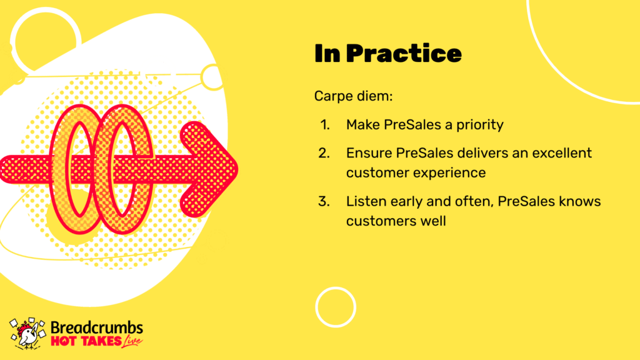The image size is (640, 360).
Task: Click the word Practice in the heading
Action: (x=404, y=54)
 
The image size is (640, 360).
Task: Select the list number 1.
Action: (x=325, y=125)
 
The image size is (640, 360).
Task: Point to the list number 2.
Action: (x=324, y=153)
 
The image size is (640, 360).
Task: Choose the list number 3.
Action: (x=324, y=201)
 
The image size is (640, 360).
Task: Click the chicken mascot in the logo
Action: (x=27, y=334)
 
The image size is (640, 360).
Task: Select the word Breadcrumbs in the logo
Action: (x=97, y=327)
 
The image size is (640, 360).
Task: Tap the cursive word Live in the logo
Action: (x=132, y=341)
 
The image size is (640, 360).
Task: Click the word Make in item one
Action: (x=362, y=124)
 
